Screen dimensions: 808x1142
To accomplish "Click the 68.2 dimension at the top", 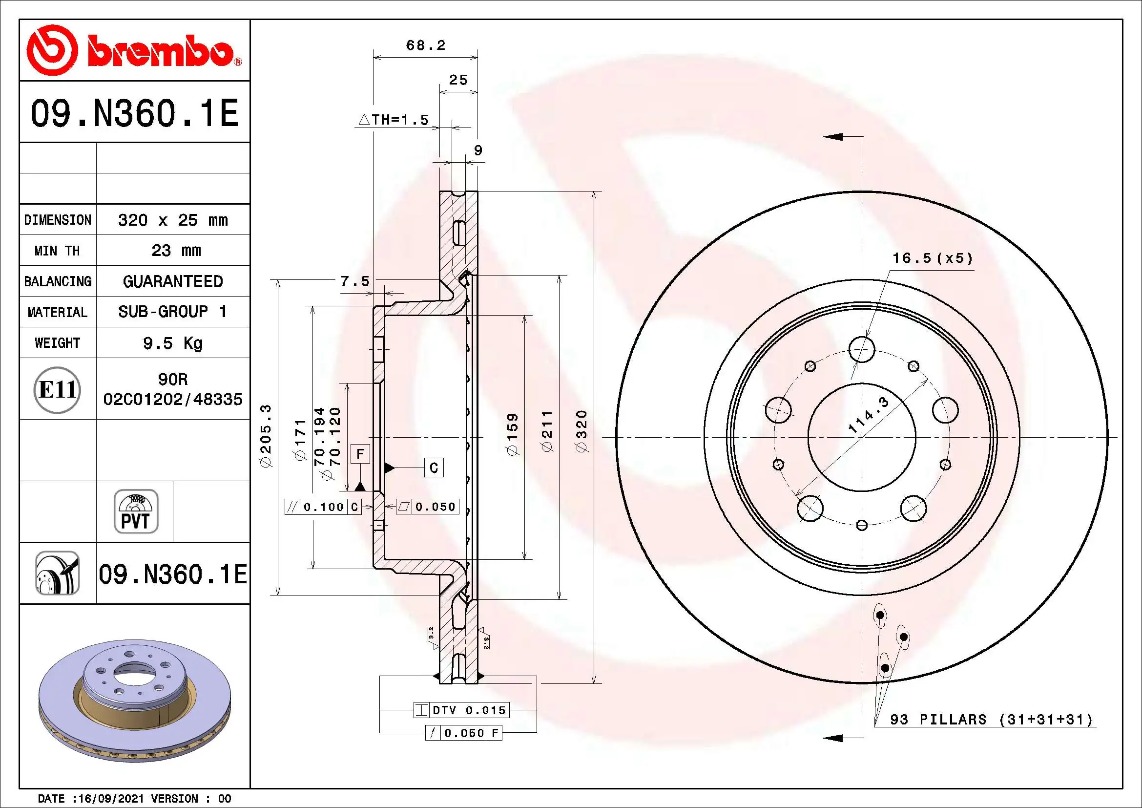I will pos(425,45).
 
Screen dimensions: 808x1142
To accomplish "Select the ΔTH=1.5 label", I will pos(394,120).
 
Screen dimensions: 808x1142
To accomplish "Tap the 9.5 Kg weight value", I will pos(172,343).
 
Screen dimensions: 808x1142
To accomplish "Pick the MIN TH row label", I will pos(57,251).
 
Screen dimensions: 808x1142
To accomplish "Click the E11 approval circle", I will pos(57,389).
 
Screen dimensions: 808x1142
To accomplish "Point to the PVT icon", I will pos(136,511).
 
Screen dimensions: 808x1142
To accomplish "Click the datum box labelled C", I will pos(434,468).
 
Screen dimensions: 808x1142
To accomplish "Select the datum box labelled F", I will pos(360,454).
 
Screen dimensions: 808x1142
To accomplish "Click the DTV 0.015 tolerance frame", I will pos(461,710).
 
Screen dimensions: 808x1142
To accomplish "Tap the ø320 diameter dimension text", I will pos(581,431).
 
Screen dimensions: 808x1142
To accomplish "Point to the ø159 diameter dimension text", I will pos(512,433).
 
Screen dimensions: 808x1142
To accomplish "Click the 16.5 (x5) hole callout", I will pos(932,258).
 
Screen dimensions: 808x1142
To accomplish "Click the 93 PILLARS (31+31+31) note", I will pos(991,720).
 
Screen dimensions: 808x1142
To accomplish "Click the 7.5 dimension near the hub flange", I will pos(354,281).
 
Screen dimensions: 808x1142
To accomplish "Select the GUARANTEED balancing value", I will pos(172,281).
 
